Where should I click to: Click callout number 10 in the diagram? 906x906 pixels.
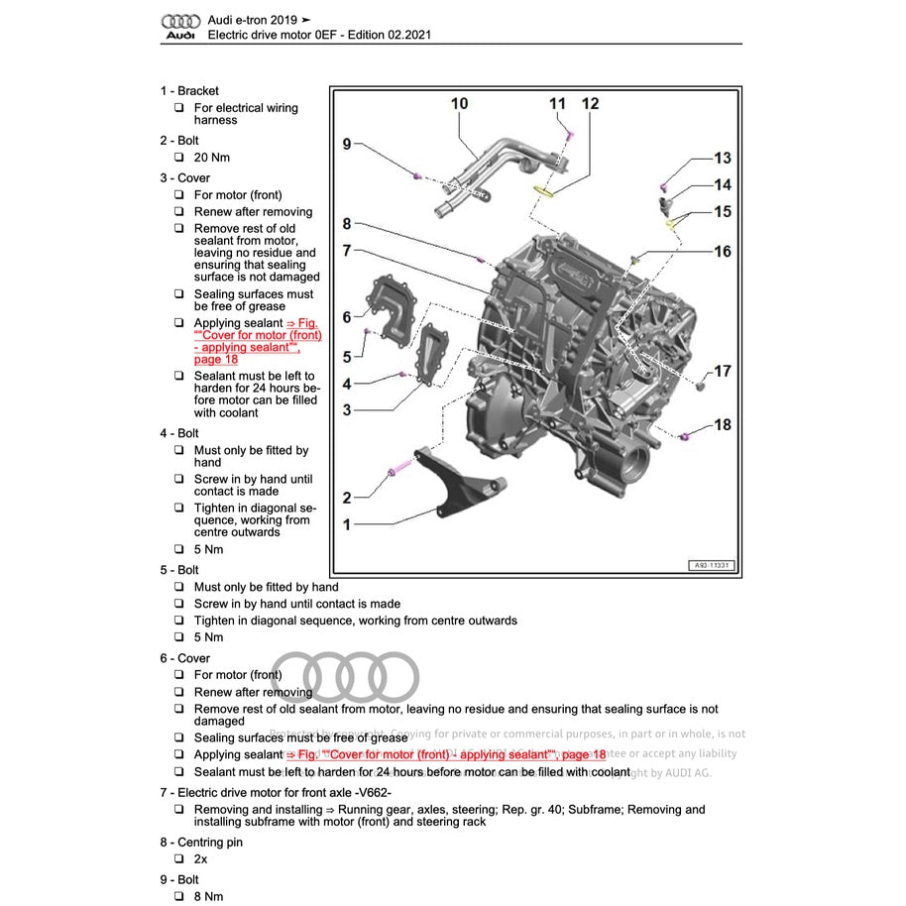point(459,103)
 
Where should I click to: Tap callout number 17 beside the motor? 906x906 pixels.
point(723,371)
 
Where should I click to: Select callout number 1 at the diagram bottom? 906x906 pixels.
point(347,524)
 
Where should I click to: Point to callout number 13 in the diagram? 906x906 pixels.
point(723,158)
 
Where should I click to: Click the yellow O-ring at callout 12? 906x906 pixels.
point(545,190)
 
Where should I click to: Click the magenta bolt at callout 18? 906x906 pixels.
point(686,435)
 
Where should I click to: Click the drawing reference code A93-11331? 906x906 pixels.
point(711,566)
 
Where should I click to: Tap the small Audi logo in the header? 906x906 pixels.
point(180,27)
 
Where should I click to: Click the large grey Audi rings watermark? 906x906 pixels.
point(344,677)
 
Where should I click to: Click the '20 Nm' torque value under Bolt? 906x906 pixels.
point(212,158)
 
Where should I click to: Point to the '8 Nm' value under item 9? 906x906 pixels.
point(208,896)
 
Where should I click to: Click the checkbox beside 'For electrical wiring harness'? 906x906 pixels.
point(179,108)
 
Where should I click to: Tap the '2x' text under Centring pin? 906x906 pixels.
point(202,859)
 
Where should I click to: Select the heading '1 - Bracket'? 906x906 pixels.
point(189,91)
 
